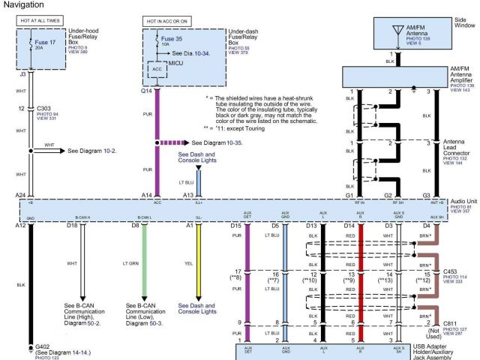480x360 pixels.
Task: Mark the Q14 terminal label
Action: click(146, 91)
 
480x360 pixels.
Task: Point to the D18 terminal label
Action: click(72, 224)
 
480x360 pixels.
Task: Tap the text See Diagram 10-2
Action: click(91, 150)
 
